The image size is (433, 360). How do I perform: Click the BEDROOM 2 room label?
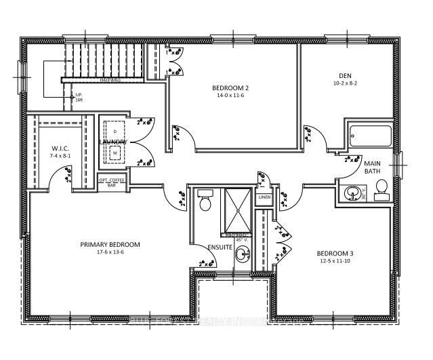coord(230,88)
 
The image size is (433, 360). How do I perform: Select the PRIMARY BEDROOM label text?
coord(110,244)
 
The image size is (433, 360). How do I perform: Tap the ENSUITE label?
coord(220,247)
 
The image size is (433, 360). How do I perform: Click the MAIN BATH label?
coord(373,167)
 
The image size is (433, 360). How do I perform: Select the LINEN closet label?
coord(264,197)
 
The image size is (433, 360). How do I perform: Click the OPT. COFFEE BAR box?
coord(113,182)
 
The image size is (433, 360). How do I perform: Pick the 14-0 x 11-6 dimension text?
coord(230,96)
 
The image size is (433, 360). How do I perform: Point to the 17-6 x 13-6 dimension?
coord(110,252)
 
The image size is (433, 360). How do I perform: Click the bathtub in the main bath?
coord(369,137)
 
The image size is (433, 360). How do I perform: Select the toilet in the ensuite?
coord(206,201)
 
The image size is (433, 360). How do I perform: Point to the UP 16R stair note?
coord(79,97)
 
